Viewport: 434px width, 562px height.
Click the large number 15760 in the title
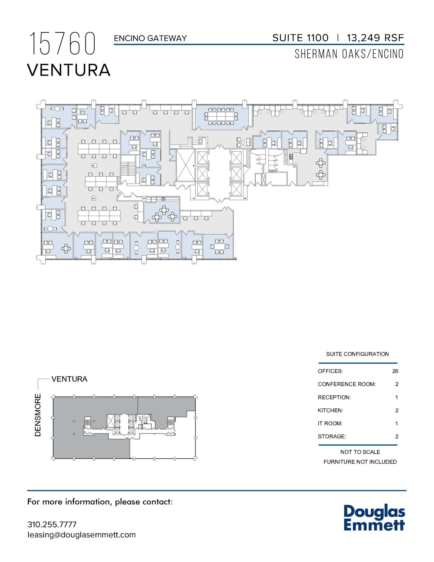62,44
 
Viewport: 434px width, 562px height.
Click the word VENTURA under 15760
69,70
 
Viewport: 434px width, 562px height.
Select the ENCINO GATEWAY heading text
150,38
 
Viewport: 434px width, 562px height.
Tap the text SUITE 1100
300,38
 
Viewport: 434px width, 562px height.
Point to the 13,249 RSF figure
375,38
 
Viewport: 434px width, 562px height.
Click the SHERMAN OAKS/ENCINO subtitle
349,54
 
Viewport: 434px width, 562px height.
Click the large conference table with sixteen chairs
221,116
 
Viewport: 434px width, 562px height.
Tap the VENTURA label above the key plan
69,379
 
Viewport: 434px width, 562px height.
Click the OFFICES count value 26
395,371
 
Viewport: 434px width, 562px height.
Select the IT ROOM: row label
330,423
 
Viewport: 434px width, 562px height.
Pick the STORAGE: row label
332,436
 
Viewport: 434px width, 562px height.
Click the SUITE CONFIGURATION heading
357,354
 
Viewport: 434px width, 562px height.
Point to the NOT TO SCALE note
360,452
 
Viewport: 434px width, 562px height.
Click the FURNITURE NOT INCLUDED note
360,462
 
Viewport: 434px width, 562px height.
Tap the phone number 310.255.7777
52,524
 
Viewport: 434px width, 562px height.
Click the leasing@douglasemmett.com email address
81,535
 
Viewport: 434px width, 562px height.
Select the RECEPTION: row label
334,397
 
